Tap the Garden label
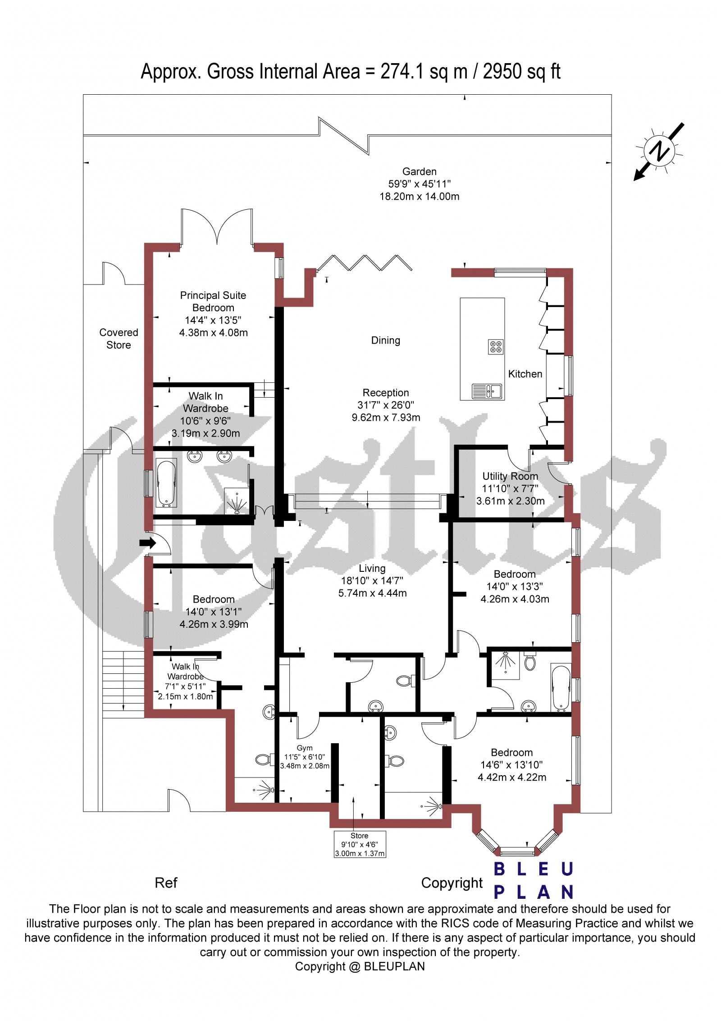[420, 171]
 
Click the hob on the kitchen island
[495, 346]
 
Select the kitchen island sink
[487, 391]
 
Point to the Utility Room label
[510, 476]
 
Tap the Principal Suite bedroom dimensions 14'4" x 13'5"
[213, 321]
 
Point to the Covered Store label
[119, 339]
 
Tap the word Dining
[386, 340]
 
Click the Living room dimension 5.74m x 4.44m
[372, 593]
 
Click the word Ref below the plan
[166, 883]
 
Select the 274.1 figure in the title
[402, 72]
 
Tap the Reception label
[386, 393]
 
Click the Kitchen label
[525, 374]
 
